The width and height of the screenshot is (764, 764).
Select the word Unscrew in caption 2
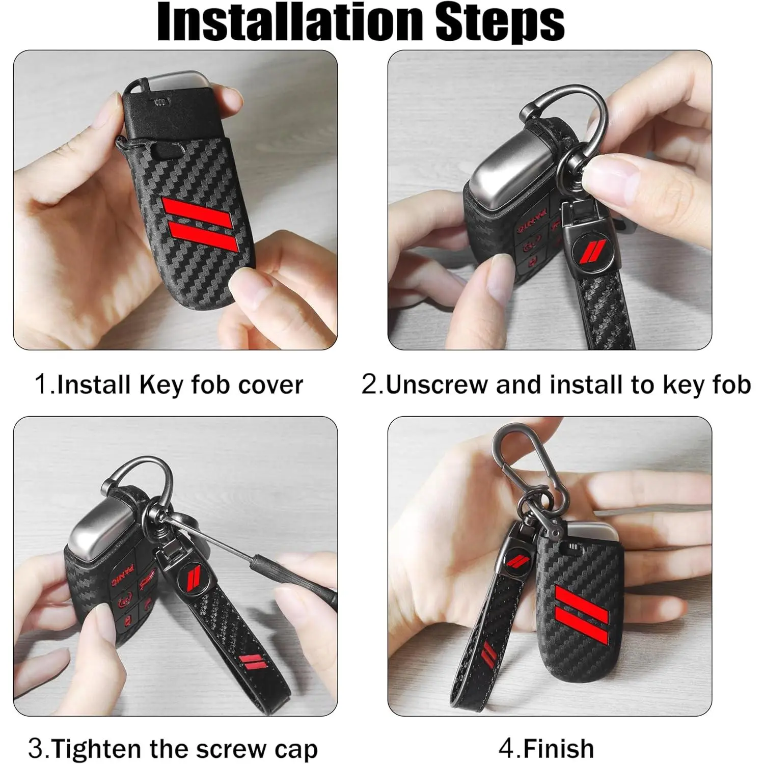point(438,385)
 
